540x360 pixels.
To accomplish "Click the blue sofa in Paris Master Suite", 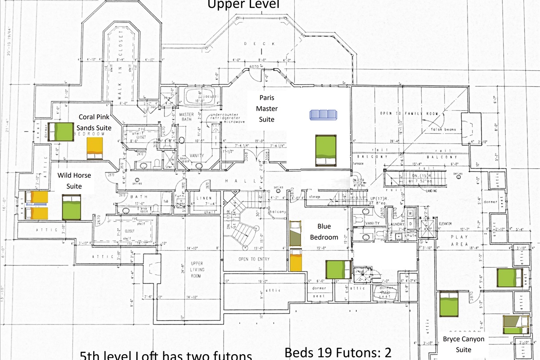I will coord(324,115).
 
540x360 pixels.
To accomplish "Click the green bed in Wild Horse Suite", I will coord(71,207).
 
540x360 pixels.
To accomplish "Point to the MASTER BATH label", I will coord(186,117).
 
